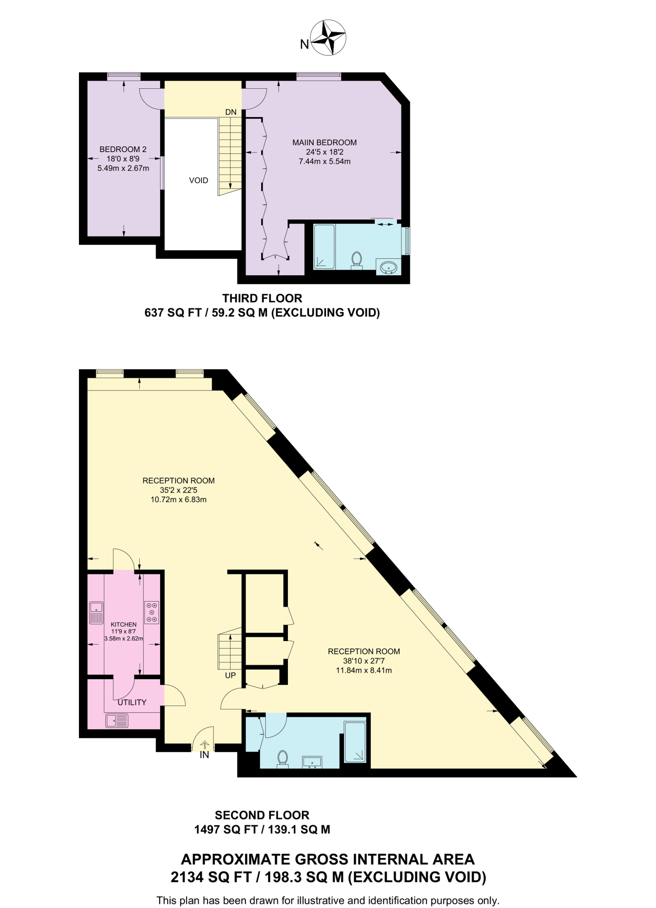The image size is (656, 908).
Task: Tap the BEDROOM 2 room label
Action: pyautogui.click(x=123, y=149)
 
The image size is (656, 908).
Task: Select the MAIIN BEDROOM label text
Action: pyautogui.click(x=324, y=142)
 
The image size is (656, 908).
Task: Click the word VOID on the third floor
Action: pyautogui.click(x=198, y=180)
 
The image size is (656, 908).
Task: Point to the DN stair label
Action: pyautogui.click(x=231, y=112)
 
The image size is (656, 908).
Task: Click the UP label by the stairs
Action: pyautogui.click(x=230, y=675)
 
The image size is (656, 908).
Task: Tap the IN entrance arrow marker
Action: pyautogui.click(x=204, y=745)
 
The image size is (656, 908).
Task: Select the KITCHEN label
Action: pyautogui.click(x=123, y=624)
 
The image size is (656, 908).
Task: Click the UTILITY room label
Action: pyautogui.click(x=132, y=702)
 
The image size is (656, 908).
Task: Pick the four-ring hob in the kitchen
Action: pyautogui.click(x=151, y=612)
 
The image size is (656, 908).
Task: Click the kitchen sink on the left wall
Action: pyautogui.click(x=96, y=612)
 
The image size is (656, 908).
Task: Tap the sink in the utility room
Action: pyautogui.click(x=117, y=720)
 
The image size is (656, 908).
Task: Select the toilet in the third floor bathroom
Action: pyautogui.click(x=357, y=260)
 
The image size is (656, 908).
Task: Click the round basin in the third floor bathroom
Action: pyautogui.click(x=389, y=267)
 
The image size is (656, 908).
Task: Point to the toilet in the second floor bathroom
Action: pyautogui.click(x=283, y=759)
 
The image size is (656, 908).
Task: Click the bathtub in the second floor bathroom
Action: pyautogui.click(x=355, y=742)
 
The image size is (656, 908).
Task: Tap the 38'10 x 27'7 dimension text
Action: pyautogui.click(x=364, y=661)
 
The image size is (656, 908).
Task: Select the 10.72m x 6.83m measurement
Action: pyautogui.click(x=178, y=499)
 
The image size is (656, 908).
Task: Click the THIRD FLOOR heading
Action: pyautogui.click(x=262, y=298)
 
